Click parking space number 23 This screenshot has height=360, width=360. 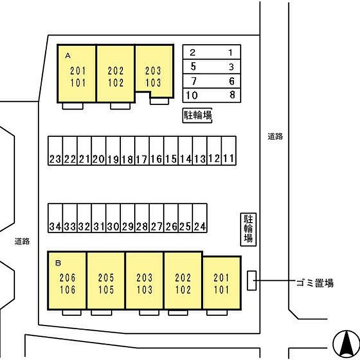coord(56,151)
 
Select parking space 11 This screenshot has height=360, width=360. coord(229,151)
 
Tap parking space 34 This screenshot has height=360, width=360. coord(56,218)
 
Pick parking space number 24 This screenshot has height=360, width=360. coord(200,218)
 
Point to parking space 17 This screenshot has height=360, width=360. coord(142,151)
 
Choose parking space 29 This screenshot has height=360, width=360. coord(128,218)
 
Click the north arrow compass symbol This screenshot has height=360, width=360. coord(344,342)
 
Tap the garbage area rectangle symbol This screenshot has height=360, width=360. coord(251,280)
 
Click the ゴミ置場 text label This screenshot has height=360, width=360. coord(315,283)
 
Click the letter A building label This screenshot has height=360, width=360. coord(68,54)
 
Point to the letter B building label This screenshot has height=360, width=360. coord(58,263)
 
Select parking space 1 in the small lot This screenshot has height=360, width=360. coord(231,52)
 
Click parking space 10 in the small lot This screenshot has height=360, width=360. coord(192,95)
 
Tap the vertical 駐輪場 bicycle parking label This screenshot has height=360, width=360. coord(248,228)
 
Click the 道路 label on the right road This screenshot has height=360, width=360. coord(275,137)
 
